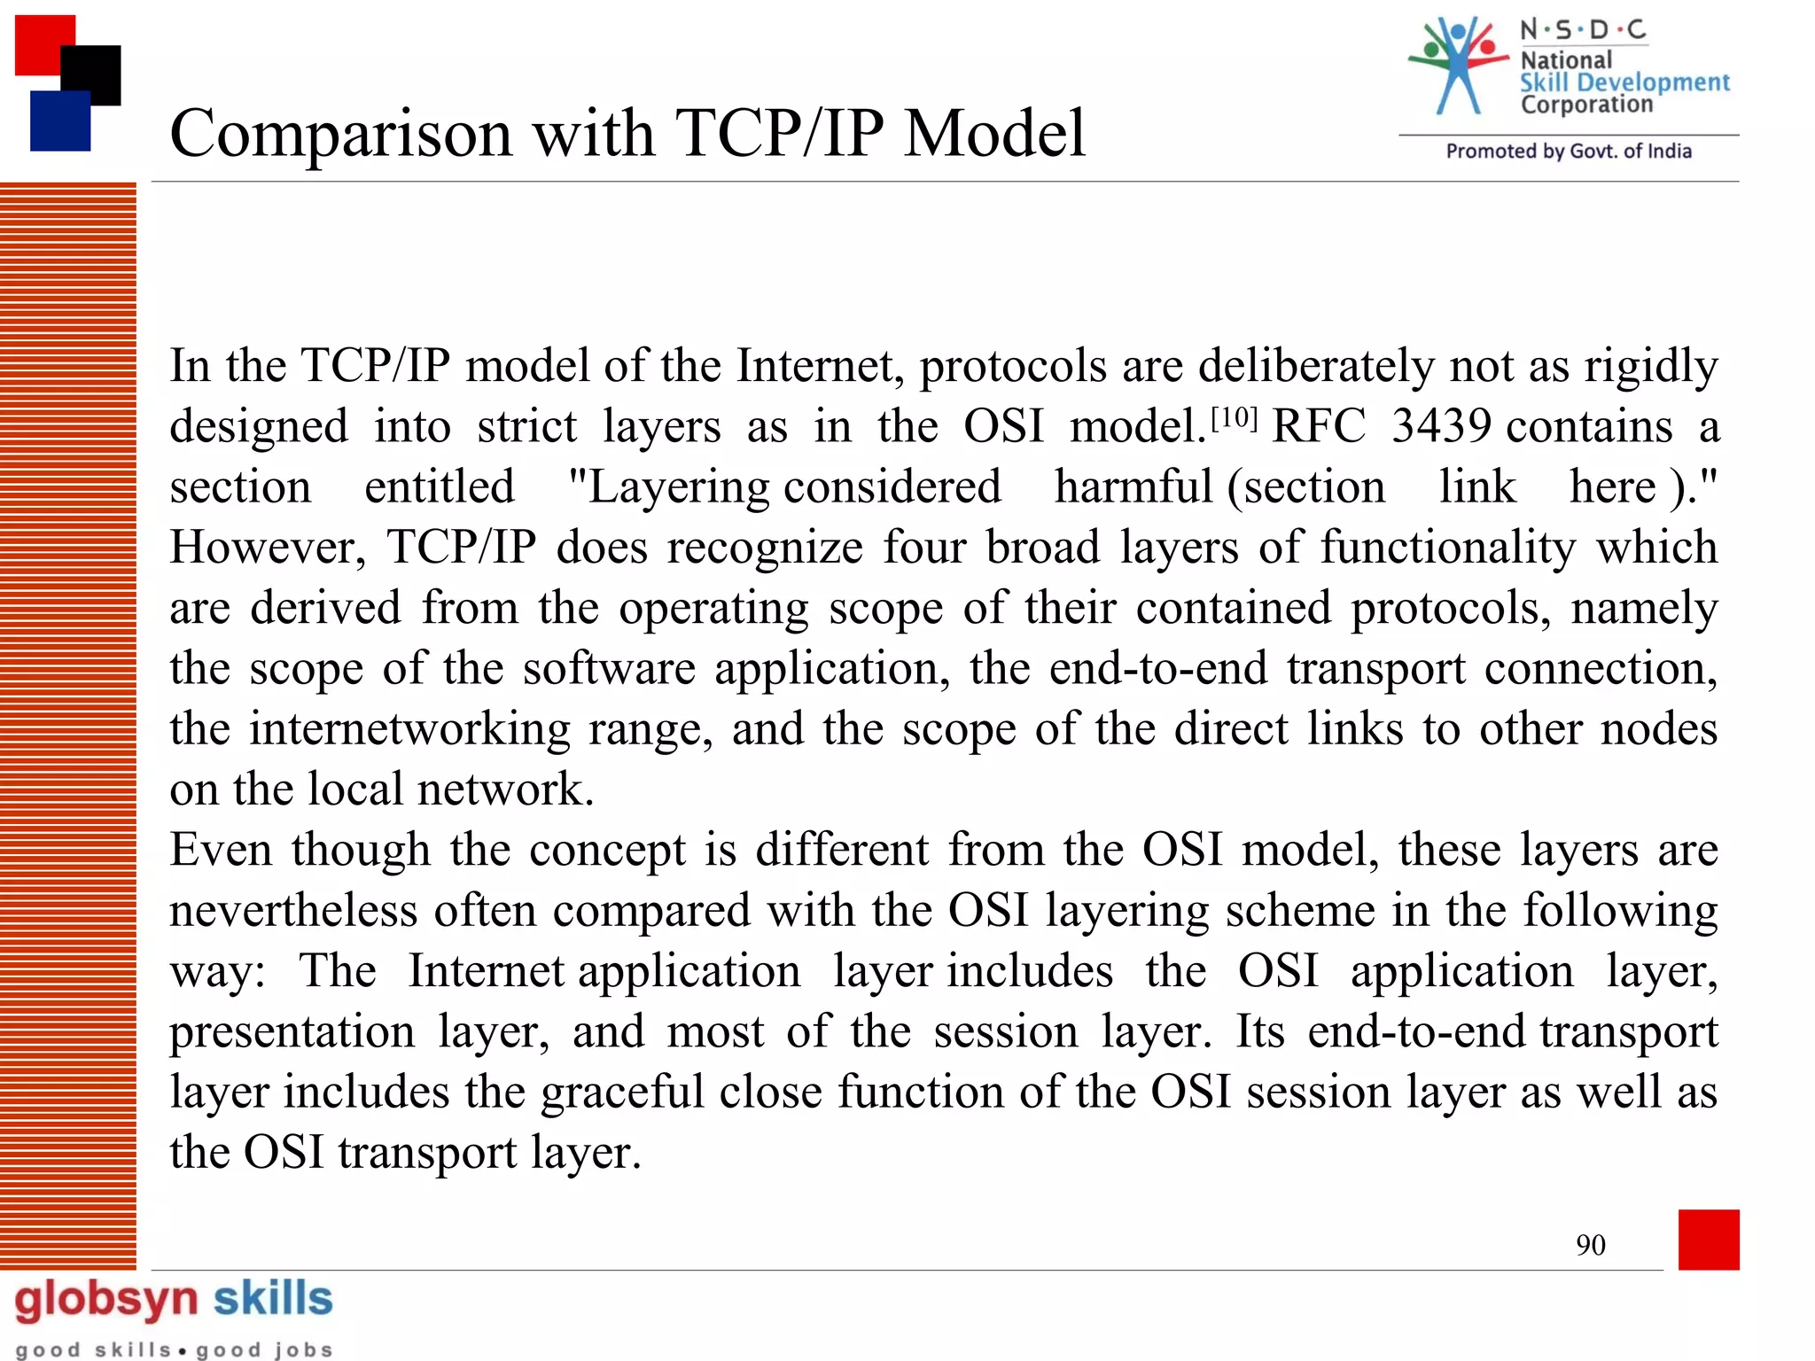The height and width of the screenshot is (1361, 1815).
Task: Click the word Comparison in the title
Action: pos(341,135)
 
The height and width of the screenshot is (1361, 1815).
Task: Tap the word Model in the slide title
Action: pos(994,135)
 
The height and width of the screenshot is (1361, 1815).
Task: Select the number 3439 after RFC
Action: pos(1441,427)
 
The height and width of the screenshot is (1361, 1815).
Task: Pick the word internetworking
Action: pos(409,730)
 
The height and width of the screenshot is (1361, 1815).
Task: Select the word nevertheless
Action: pos(293,911)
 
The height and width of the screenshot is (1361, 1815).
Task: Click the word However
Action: pos(267,548)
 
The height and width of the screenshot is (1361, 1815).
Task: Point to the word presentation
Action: pos(292,1033)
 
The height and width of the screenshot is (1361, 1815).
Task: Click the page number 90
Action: pos(1590,1245)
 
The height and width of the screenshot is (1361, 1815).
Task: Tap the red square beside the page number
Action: pos(1708,1239)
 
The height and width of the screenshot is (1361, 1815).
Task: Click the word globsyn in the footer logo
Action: pos(106,1301)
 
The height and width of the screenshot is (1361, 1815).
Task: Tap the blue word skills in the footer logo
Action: pos(273,1299)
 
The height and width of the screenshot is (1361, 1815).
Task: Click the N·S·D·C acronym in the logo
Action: pos(1583,31)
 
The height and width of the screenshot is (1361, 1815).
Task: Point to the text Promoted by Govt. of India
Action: pos(1569,152)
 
